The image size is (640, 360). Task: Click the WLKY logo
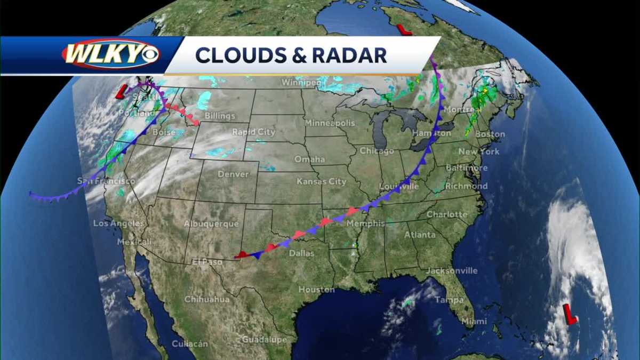110,54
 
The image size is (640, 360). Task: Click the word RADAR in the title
353,55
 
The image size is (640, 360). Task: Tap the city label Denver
233,174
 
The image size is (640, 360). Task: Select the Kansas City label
322,181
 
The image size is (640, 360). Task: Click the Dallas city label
301,253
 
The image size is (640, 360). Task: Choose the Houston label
316,289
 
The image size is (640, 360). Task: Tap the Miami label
474,321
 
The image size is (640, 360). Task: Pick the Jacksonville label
451,270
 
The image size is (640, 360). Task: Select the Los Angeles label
119,223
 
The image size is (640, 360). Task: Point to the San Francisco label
106,181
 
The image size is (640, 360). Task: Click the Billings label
219,116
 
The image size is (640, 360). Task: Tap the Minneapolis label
330,123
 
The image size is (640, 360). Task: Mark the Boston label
490,134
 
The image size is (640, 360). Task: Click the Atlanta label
420,235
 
